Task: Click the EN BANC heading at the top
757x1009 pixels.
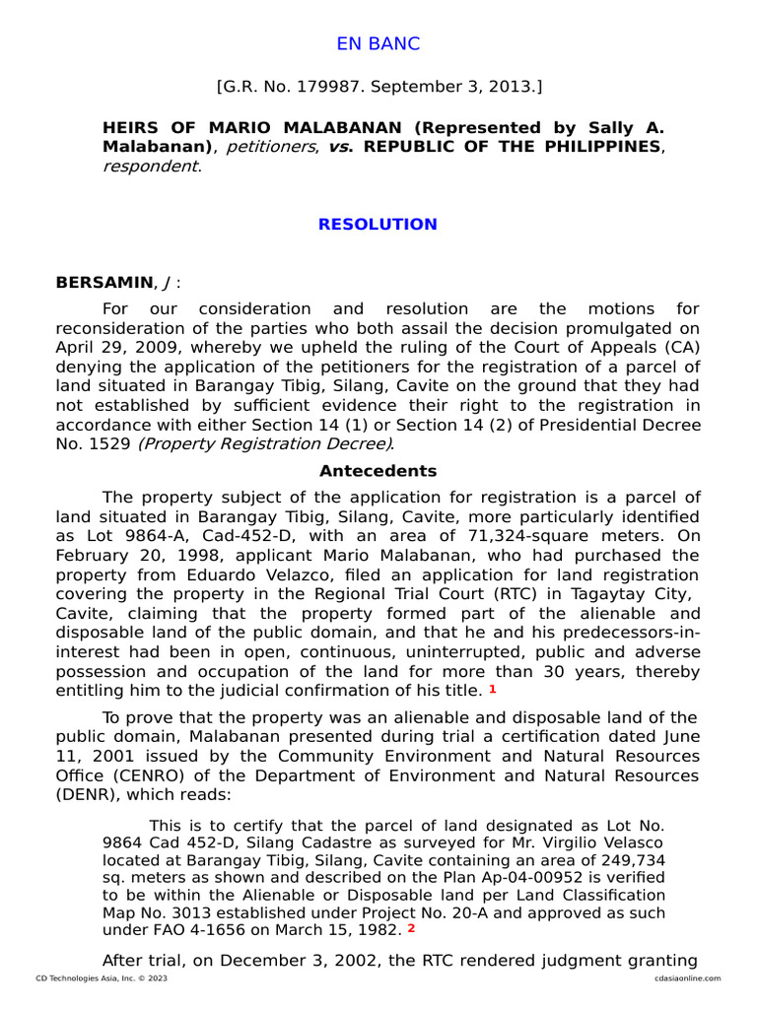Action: [x=378, y=44]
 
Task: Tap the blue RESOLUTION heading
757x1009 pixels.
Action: [x=378, y=225]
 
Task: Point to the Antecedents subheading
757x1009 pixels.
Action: [x=378, y=471]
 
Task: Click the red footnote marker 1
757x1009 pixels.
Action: [x=493, y=689]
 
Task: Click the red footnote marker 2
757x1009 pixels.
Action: [x=411, y=928]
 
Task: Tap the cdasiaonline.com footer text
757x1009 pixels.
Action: [x=686, y=978]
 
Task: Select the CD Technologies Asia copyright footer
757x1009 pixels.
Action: [x=87, y=978]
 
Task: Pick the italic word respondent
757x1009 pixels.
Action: [x=150, y=166]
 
